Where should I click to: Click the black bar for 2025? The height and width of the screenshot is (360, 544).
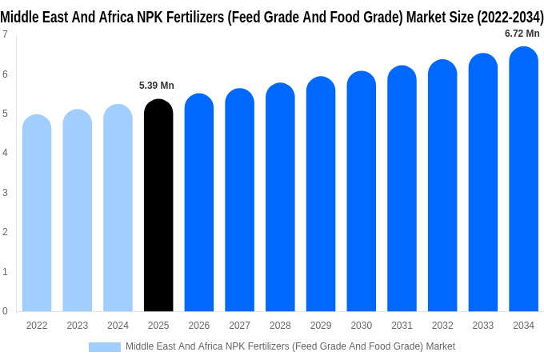(x=158, y=206)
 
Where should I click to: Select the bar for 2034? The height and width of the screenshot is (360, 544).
(x=523, y=179)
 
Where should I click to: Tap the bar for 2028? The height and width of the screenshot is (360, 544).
(x=280, y=198)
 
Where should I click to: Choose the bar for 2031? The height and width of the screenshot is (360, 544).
(x=402, y=189)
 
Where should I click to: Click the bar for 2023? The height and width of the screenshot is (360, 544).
(x=78, y=210)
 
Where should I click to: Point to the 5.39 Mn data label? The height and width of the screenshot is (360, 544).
(x=157, y=86)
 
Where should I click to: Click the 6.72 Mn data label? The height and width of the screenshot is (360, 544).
(x=522, y=34)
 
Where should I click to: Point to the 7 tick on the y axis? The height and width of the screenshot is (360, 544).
(x=5, y=34)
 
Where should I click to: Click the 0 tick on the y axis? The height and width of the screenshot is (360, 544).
(x=5, y=311)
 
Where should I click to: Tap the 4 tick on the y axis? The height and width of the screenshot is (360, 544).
(x=5, y=153)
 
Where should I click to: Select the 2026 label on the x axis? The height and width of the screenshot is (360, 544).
(x=199, y=326)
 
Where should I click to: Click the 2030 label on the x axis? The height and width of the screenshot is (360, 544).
(x=361, y=326)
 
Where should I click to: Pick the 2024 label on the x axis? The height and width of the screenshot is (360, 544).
(x=118, y=326)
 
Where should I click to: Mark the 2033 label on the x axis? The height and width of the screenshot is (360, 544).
(x=482, y=326)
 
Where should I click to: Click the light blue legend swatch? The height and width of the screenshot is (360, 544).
(x=104, y=346)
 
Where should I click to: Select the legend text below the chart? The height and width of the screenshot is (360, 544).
(x=290, y=346)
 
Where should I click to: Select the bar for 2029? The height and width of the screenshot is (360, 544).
(x=321, y=194)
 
